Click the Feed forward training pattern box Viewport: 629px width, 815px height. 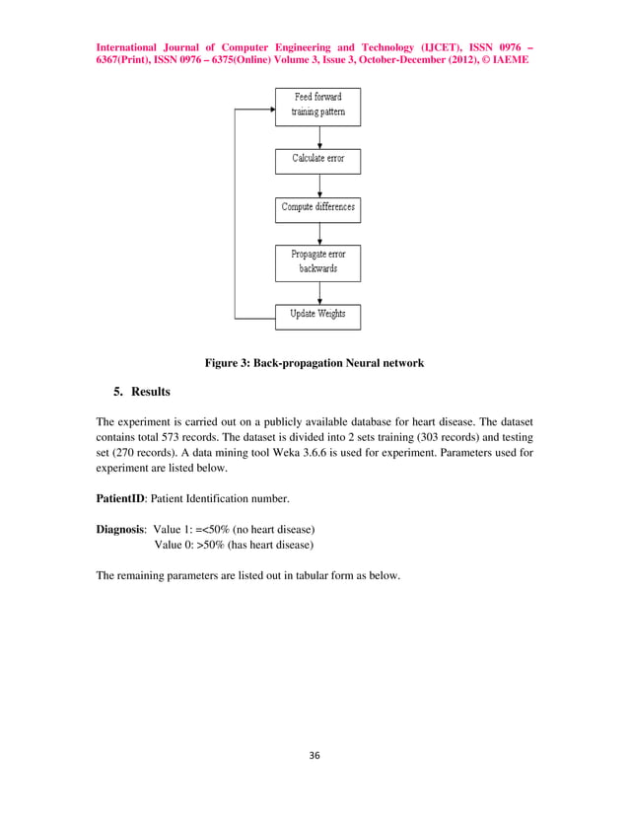tap(317, 105)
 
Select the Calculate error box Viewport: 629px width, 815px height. tap(317, 158)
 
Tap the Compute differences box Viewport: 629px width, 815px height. tap(317, 208)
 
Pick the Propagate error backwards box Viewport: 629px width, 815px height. tap(317, 261)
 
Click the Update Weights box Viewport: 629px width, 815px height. tap(317, 315)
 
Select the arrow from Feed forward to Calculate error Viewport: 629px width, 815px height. tap(317, 136)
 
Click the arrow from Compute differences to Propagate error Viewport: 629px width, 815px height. tap(317, 233)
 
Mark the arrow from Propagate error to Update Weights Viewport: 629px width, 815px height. tap(317, 292)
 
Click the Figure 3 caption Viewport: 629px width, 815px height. tap(314, 363)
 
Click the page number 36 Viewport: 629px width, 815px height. tap(314, 756)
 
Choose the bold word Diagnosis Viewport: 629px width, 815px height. tap(121, 529)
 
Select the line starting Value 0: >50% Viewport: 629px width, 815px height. tap(234, 545)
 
